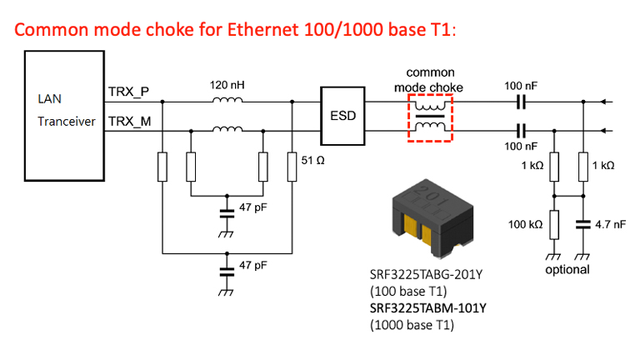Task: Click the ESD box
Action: (x=342, y=115)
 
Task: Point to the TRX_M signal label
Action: (x=130, y=122)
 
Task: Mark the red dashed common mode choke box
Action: (x=429, y=117)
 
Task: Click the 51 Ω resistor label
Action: (x=312, y=157)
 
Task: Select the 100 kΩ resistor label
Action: (x=526, y=224)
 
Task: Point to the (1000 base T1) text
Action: (x=412, y=325)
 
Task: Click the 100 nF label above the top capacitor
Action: (x=522, y=86)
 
